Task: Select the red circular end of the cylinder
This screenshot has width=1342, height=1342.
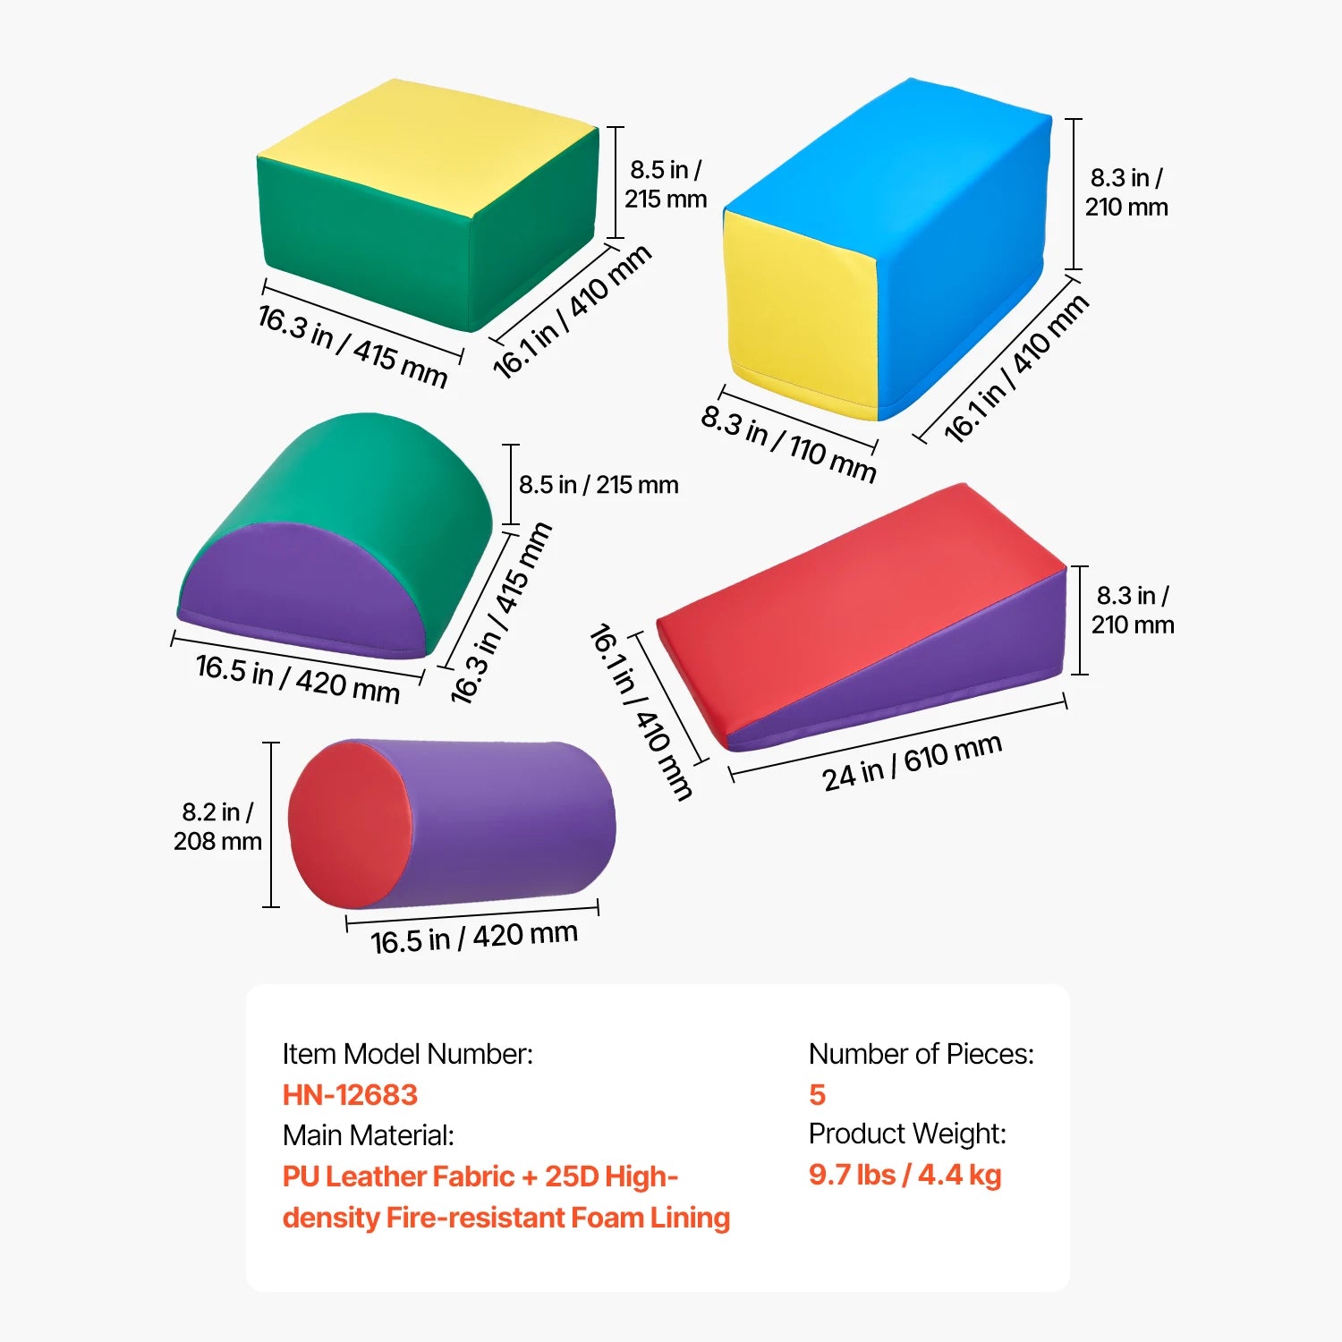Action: click(x=347, y=824)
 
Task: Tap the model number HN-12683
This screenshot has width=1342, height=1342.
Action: click(x=350, y=1094)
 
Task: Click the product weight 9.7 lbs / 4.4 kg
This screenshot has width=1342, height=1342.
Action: click(x=905, y=1175)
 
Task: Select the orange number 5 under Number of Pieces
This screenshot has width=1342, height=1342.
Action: click(x=817, y=1094)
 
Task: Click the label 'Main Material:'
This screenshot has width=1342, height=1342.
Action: click(x=369, y=1135)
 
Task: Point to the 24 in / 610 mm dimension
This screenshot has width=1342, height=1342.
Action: click(x=912, y=763)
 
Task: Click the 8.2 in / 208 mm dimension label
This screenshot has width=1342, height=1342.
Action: click(x=217, y=826)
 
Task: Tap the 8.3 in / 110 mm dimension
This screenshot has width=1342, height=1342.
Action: click(x=788, y=444)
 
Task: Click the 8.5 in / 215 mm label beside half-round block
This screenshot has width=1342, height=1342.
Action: click(x=599, y=485)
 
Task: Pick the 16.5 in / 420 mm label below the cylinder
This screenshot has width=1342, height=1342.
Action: click(x=474, y=938)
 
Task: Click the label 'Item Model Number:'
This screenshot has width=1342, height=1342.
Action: click(x=407, y=1054)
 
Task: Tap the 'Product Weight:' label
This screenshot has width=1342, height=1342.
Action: click(x=907, y=1134)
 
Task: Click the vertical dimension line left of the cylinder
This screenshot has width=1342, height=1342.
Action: click(x=271, y=824)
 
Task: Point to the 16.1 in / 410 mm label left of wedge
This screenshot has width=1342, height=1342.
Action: click(x=641, y=711)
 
